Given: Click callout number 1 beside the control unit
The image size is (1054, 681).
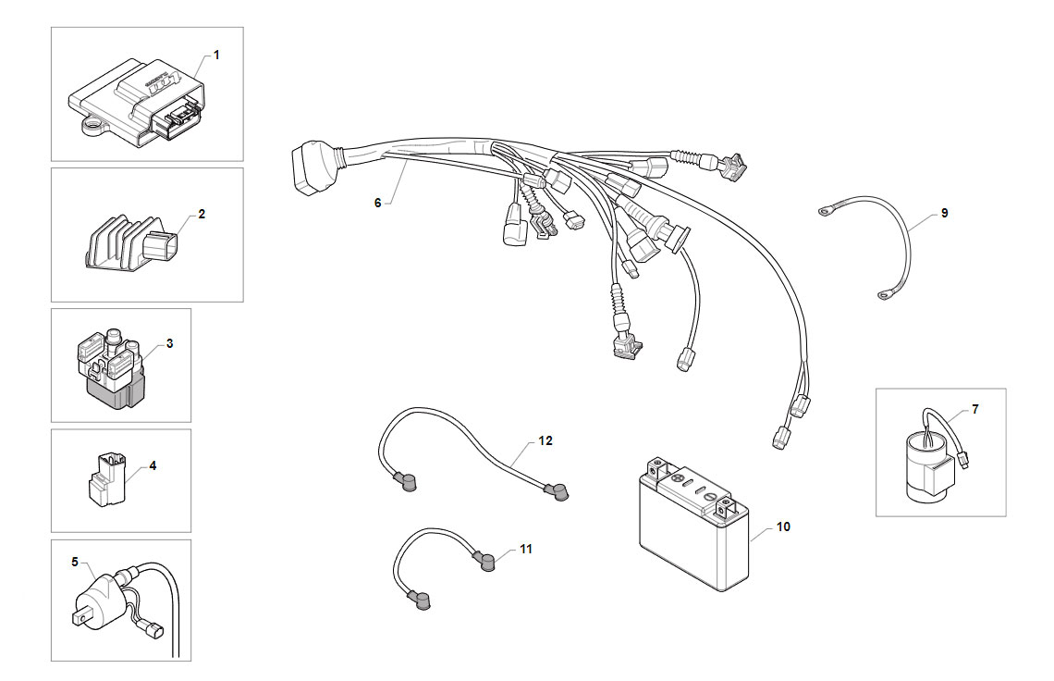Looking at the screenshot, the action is (x=216, y=56).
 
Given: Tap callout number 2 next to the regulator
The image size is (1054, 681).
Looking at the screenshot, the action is (x=202, y=214).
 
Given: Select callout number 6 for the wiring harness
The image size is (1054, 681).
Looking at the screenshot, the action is (x=378, y=203).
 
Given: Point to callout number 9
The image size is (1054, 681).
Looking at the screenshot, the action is (x=944, y=213).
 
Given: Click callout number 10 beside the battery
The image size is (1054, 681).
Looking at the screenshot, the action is (x=783, y=526).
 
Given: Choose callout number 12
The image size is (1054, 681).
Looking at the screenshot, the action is (x=545, y=440).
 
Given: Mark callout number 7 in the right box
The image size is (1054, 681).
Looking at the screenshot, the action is (x=974, y=408).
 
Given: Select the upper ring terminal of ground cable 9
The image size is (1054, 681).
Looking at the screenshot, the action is (x=824, y=213).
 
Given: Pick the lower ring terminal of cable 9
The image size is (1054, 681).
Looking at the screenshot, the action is (x=885, y=294).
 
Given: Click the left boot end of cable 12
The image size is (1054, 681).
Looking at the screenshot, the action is (x=405, y=481).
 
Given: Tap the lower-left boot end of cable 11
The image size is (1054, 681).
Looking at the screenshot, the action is (x=419, y=601).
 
